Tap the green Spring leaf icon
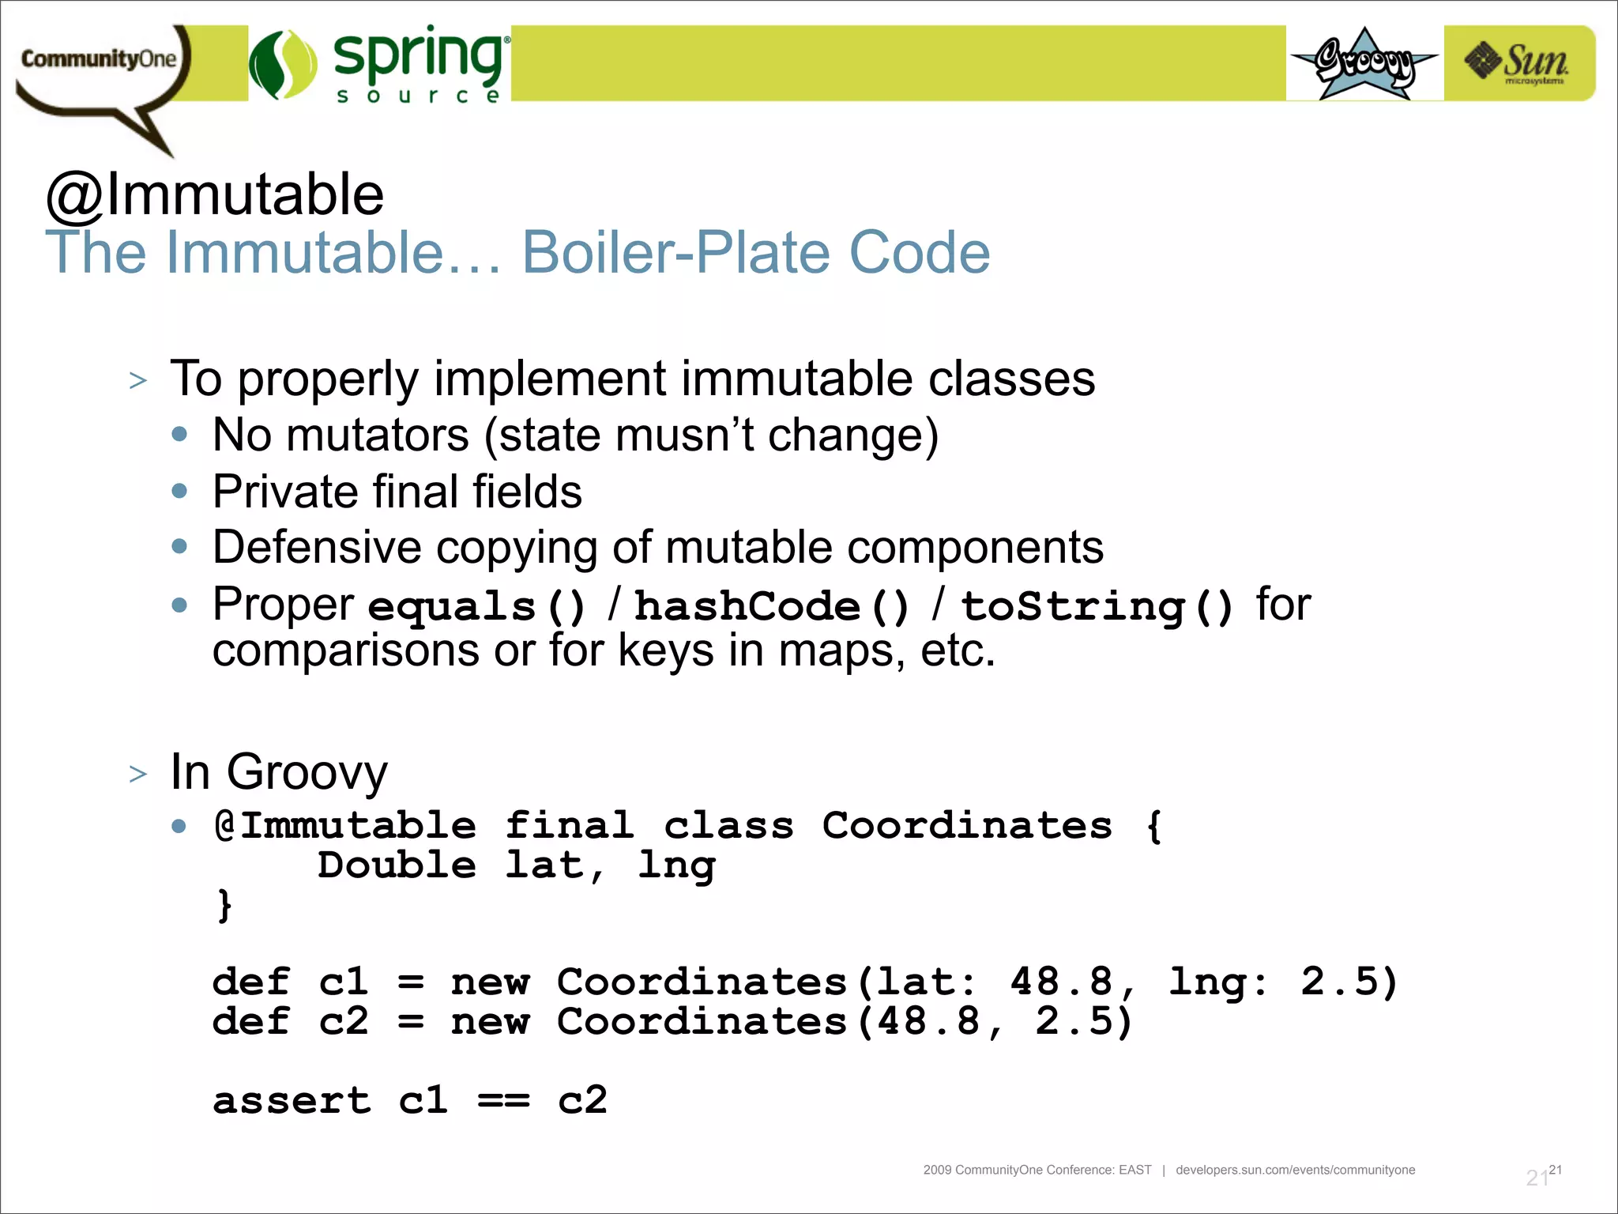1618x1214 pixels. [282, 65]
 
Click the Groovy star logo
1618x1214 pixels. [1364, 63]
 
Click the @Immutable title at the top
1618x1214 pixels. [215, 194]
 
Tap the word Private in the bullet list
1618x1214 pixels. [285, 492]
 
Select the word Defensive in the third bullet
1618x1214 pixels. [317, 548]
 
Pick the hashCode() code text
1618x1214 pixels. [772, 607]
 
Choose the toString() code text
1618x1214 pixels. [1097, 607]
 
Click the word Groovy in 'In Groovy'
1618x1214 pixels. [307, 772]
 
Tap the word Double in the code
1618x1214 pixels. [397, 865]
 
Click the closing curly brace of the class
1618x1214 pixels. [224, 905]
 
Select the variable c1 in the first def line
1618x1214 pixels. [344, 982]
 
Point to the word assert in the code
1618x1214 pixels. [292, 1100]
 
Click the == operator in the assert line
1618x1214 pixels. [503, 1100]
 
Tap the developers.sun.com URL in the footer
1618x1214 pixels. [1295, 1170]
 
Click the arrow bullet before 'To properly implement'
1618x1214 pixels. [138, 381]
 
